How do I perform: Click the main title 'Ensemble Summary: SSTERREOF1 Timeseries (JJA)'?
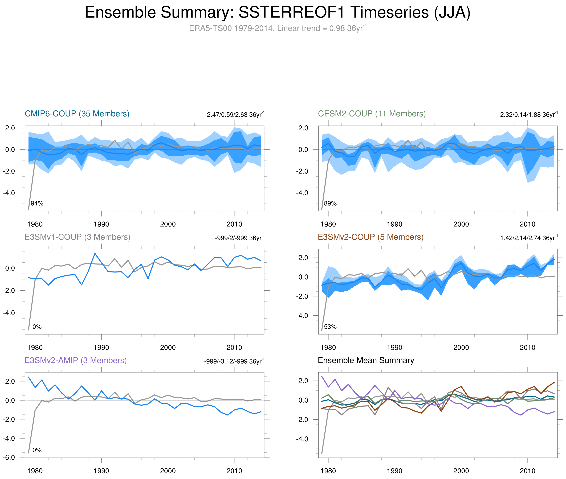[277, 13]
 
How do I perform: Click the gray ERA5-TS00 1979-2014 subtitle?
[277, 28]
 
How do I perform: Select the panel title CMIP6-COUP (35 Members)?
[77, 114]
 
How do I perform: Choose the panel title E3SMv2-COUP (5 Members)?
[370, 237]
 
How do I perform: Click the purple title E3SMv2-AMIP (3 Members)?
[76, 360]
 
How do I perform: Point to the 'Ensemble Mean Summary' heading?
[366, 360]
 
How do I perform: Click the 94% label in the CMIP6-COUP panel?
[37, 203]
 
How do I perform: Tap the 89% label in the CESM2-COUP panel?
[330, 203]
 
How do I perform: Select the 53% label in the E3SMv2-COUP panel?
[330, 327]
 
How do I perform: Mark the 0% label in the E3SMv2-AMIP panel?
[37, 450]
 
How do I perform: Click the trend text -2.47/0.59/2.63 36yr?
[234, 115]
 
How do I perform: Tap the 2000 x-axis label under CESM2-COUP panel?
[461, 224]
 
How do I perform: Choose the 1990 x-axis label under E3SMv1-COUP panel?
[101, 348]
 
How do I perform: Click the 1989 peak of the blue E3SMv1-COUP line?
[95, 253]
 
